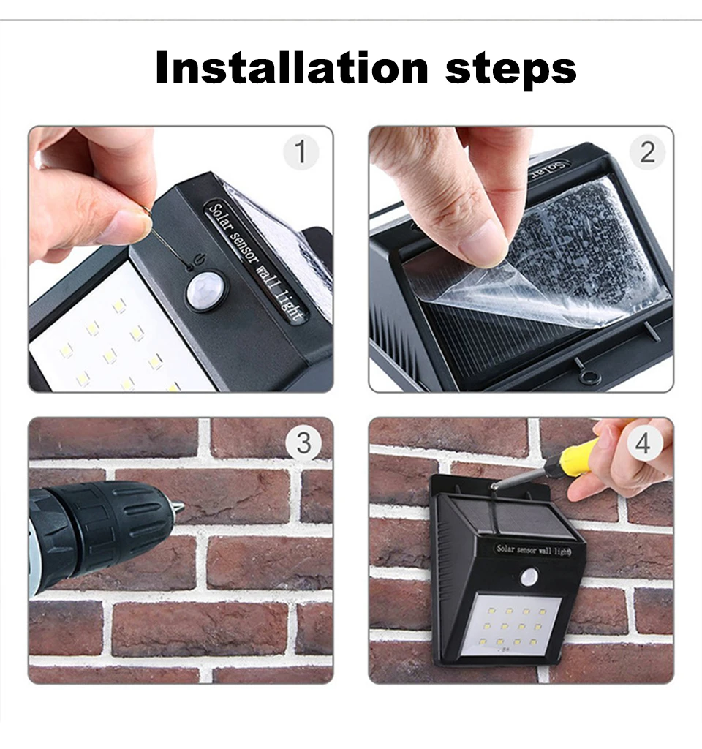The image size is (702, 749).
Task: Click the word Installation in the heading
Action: click(291, 67)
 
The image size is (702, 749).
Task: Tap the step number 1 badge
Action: click(301, 152)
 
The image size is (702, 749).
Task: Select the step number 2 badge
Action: click(647, 152)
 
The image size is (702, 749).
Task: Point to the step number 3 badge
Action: click(303, 443)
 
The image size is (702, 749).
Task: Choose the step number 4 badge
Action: click(643, 443)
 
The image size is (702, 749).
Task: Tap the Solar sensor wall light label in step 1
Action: click(256, 260)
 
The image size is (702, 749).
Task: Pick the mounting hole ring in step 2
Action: click(587, 377)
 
